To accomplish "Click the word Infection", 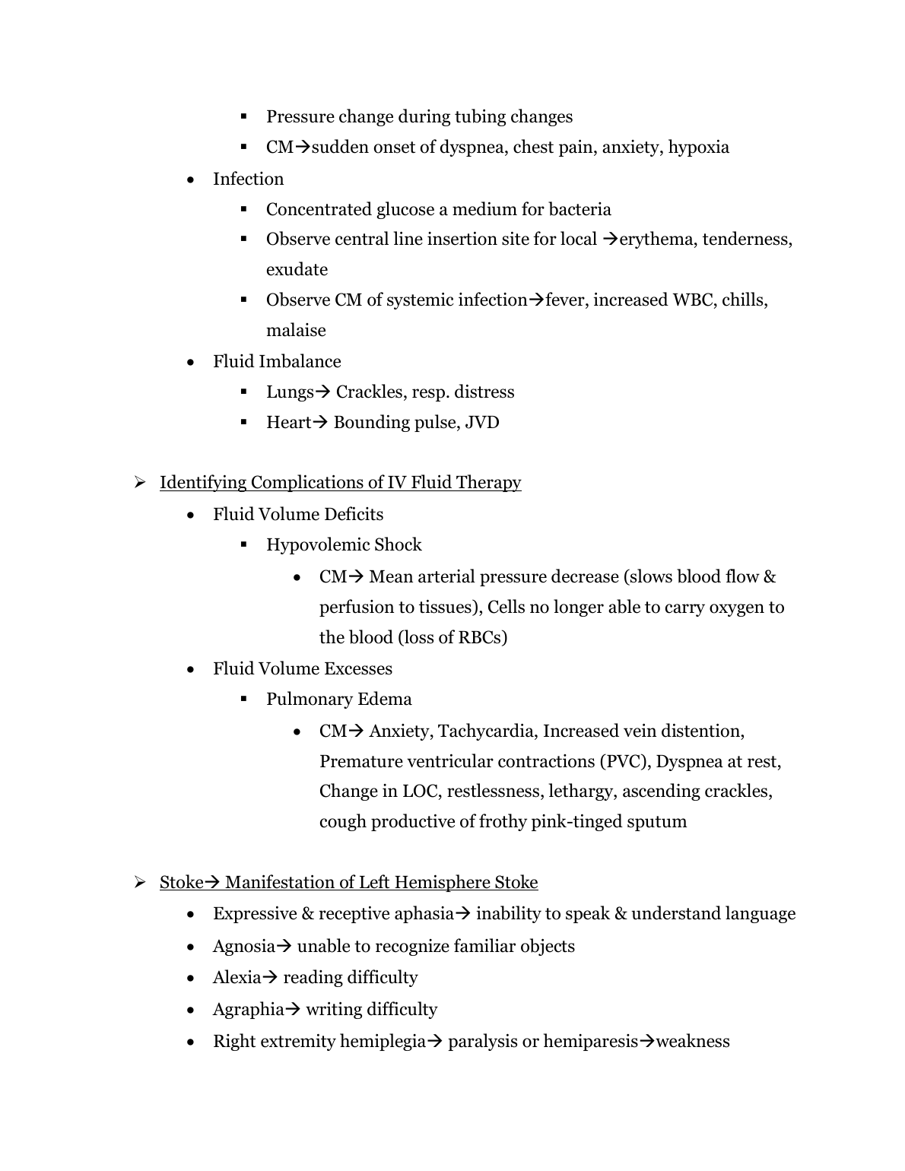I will [248, 179].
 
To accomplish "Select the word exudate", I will [297, 269].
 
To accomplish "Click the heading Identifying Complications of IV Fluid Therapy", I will [340, 482].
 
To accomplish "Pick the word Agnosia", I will [243, 946].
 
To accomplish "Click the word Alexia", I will [237, 977].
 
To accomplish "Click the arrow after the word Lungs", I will [322, 392].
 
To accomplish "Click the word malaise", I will [296, 330].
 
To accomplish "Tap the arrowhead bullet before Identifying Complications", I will [140, 482].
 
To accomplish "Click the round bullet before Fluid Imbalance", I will [191, 362].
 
